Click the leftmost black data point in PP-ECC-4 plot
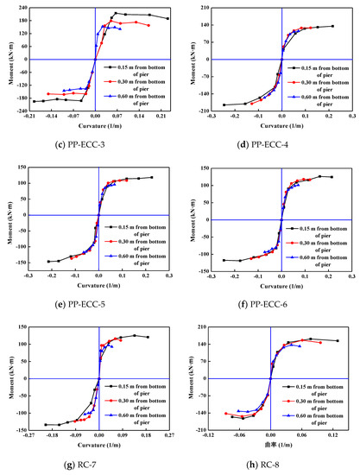(x=224, y=104)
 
